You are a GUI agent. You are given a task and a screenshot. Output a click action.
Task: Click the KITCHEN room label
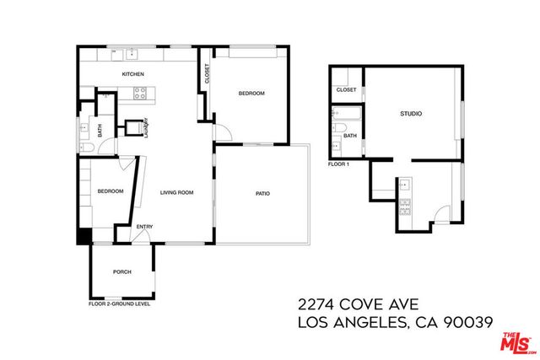[x=133, y=75]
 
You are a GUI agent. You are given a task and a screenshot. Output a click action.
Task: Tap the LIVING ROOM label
[x=177, y=193]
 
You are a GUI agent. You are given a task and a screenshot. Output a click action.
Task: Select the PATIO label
[x=262, y=194]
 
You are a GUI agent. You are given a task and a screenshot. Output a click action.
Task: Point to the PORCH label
[x=122, y=271]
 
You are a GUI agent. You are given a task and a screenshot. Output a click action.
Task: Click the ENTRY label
[x=145, y=226]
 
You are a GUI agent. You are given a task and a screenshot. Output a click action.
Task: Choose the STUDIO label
[x=411, y=114]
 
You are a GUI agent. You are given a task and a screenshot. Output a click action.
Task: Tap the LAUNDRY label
[x=145, y=127]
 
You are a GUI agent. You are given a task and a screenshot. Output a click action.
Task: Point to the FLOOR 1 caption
[x=338, y=164]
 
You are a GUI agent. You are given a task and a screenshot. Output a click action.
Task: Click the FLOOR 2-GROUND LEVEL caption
[x=120, y=304]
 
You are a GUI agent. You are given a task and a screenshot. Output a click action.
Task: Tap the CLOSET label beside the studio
[x=346, y=89]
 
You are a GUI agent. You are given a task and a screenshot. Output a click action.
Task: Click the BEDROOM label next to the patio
[x=251, y=94]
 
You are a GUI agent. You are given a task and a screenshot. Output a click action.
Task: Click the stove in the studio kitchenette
[x=404, y=205]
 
